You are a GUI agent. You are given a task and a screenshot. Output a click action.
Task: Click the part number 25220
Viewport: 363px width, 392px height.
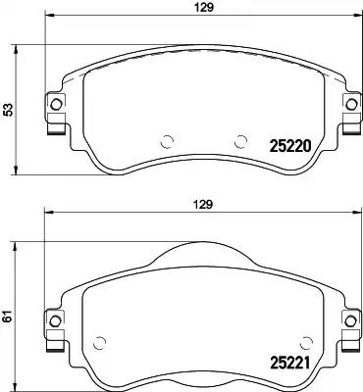pyautogui.click(x=290, y=148)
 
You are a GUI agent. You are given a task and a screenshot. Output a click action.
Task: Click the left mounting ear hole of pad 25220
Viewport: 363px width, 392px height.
pyautogui.click(x=56, y=104)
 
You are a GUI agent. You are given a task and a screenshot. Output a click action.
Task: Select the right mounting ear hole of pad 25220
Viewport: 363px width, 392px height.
pyautogui.click(x=348, y=104)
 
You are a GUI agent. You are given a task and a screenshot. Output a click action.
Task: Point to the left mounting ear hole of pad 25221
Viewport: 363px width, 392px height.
pyautogui.click(x=56, y=318)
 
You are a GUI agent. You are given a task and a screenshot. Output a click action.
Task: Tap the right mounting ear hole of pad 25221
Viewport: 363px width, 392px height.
pyautogui.click(x=348, y=318)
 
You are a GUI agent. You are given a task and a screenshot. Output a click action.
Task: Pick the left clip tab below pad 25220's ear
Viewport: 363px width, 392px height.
pyautogui.click(x=57, y=123)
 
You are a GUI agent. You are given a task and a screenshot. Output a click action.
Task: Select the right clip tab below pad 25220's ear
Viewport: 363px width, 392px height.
pyautogui.click(x=347, y=123)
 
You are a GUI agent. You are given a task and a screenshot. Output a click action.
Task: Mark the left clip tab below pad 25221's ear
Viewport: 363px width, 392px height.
pyautogui.click(x=57, y=338)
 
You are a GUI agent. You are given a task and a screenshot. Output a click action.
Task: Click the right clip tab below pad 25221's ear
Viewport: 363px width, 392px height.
pyautogui.click(x=347, y=338)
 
